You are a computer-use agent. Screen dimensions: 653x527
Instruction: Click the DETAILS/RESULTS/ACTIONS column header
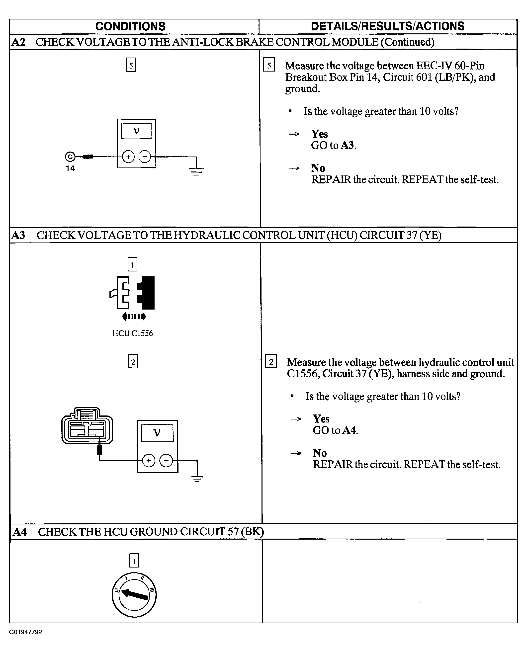pyautogui.click(x=387, y=26)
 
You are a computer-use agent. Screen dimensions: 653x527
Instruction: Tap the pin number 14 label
pyautogui.click(x=70, y=168)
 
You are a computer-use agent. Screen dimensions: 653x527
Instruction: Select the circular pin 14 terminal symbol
pyautogui.click(x=70, y=157)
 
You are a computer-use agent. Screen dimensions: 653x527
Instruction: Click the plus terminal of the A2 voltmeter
pyautogui.click(x=128, y=157)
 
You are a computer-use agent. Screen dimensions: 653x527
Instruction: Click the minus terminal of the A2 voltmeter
pyautogui.click(x=145, y=157)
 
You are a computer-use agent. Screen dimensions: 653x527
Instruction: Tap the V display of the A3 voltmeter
pyautogui.click(x=157, y=433)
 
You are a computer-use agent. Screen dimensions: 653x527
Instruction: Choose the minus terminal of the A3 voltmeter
pyautogui.click(x=166, y=461)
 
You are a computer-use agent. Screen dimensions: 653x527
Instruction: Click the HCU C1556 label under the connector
pyautogui.click(x=133, y=333)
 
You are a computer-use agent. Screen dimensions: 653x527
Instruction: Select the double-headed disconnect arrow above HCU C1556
pyautogui.click(x=134, y=317)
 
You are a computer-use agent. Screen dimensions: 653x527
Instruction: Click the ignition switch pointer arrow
pyautogui.click(x=134, y=594)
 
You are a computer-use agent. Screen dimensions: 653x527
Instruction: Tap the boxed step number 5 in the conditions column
pyautogui.click(x=131, y=65)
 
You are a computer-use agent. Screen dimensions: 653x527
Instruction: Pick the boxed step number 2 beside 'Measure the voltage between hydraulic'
pyautogui.click(x=271, y=361)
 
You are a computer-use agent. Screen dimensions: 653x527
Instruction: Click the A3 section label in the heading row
pyautogui.click(x=18, y=235)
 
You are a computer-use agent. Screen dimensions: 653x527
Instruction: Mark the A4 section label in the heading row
pyautogui.click(x=20, y=532)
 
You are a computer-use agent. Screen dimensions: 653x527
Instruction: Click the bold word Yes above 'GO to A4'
pyautogui.click(x=321, y=419)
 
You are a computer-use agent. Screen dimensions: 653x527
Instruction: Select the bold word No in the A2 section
pyautogui.click(x=318, y=168)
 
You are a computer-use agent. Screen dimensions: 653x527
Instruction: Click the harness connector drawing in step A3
pyautogui.click(x=87, y=425)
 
